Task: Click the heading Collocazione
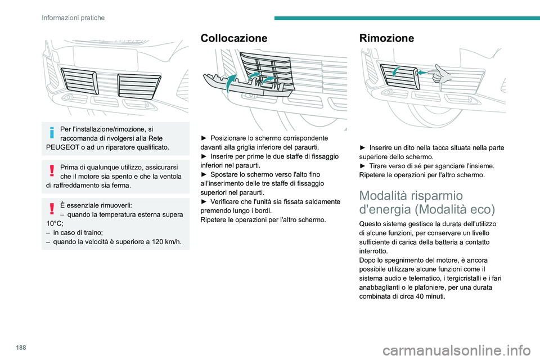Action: [x=233, y=38]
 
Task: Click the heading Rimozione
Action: [x=386, y=38]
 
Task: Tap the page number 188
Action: [x=21, y=348]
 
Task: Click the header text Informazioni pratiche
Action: [x=73, y=17]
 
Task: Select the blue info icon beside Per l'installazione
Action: [x=52, y=132]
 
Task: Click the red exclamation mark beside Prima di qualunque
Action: [x=52, y=170]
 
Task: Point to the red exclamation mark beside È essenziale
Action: [x=52, y=209]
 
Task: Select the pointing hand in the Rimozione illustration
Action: [x=442, y=73]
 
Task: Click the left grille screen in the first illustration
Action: [x=79, y=80]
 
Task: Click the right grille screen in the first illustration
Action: [x=139, y=86]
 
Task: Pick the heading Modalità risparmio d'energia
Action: [x=427, y=202]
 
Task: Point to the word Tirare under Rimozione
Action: [x=379, y=166]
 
